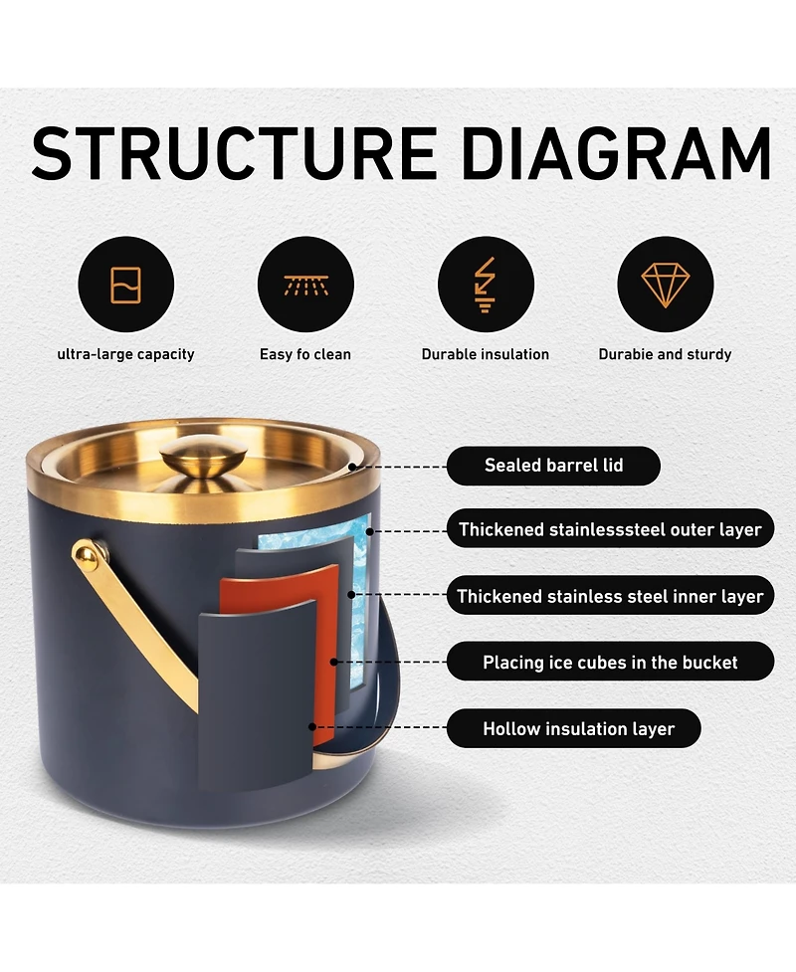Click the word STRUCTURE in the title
click(x=235, y=152)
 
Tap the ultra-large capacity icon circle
click(x=125, y=285)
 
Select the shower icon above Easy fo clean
click(x=305, y=285)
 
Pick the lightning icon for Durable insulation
click(x=486, y=285)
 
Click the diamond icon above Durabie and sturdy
click(x=666, y=285)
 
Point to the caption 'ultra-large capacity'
click(x=125, y=354)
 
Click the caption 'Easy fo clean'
click(x=305, y=354)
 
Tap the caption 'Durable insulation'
click(x=486, y=354)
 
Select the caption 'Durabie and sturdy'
click(x=666, y=354)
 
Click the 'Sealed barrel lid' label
click(x=553, y=466)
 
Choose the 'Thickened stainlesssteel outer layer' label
click(x=611, y=529)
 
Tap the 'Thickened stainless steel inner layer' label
click(x=611, y=596)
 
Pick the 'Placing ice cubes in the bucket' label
click(x=611, y=662)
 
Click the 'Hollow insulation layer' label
click(x=574, y=728)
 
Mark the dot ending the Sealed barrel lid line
click(x=353, y=467)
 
